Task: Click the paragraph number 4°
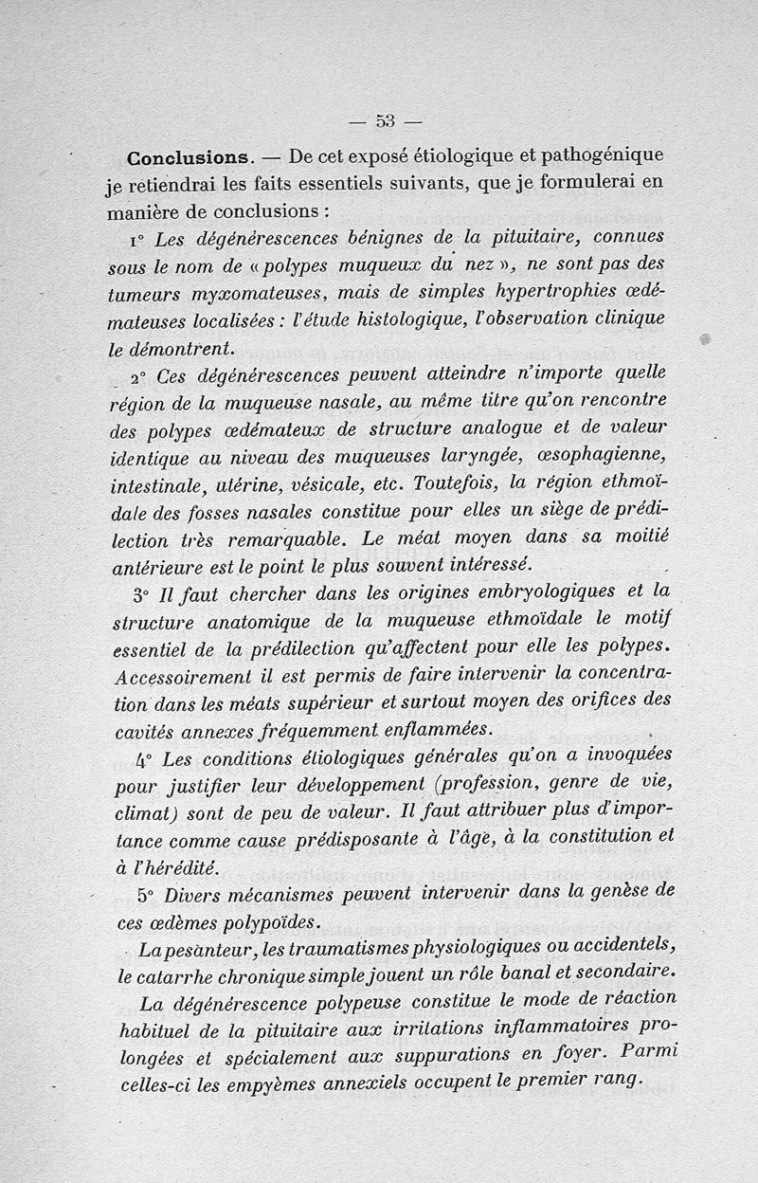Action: pyautogui.click(x=145, y=758)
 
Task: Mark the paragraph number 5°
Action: pyautogui.click(x=146, y=895)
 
